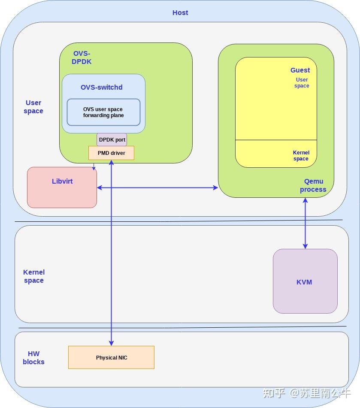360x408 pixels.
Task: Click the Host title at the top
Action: point(180,13)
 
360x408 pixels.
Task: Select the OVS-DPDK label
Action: point(82,57)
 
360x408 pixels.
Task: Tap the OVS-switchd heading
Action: point(102,88)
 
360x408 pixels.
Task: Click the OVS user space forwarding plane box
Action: point(103,112)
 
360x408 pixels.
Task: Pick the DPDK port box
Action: point(112,140)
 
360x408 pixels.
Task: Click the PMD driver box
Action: point(111,153)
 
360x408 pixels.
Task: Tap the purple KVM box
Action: point(305,281)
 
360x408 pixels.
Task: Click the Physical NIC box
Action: point(111,357)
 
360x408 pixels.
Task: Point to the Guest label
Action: point(300,70)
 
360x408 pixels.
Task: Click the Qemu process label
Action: point(313,185)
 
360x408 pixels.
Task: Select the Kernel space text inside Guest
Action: point(301,156)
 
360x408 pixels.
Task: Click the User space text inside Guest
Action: point(302,83)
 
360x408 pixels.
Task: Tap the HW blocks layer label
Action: point(33,358)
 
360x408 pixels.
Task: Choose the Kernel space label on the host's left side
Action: point(34,276)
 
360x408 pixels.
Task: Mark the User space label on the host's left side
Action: point(33,107)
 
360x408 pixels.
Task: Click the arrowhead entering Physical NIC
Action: point(111,343)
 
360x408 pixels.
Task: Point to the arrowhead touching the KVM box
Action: point(305,246)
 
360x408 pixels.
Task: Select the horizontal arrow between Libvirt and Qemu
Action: point(157,187)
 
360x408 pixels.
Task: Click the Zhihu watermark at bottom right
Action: point(307,393)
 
